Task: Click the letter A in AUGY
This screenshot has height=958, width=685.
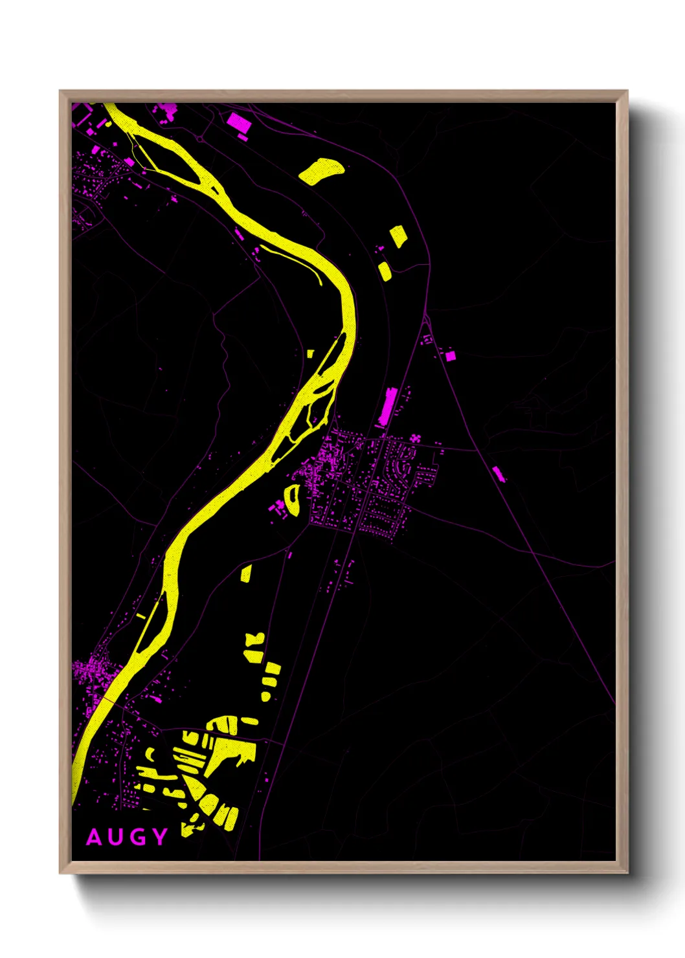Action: coord(95,838)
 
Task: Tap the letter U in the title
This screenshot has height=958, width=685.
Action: coord(117,838)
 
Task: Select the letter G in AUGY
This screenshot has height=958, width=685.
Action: coord(139,838)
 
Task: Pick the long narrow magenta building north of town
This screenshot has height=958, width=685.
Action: coord(387,407)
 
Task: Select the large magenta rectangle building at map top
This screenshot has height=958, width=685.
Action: coord(238,122)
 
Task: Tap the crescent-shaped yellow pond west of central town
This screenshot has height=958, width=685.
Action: coord(292,500)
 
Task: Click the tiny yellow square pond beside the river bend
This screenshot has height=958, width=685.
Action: coord(310,354)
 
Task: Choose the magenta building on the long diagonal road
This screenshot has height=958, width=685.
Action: coord(498,473)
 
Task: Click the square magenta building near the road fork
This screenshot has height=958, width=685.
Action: coord(451,355)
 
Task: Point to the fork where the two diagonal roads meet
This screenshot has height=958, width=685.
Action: coord(425,317)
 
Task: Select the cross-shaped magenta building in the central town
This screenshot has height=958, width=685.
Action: coord(415,439)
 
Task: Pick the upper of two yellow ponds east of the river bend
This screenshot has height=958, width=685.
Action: coord(398,236)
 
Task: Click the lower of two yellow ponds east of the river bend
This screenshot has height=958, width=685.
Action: coord(385,271)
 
